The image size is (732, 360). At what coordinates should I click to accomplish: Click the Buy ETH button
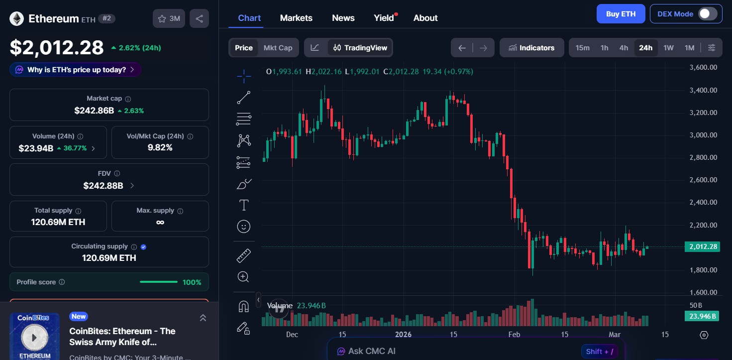tap(621, 14)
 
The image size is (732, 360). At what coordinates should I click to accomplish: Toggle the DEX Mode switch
tap(707, 14)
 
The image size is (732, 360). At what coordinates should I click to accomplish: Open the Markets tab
tap(296, 18)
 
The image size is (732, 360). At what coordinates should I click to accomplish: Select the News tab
tap(343, 18)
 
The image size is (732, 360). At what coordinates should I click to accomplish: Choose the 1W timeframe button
tap(668, 48)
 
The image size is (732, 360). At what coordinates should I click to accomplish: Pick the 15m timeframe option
tap(582, 48)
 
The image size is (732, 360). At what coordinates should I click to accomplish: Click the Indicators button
tap(531, 48)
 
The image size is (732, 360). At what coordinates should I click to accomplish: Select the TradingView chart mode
tap(360, 48)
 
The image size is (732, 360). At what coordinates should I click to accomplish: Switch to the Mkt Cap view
tap(278, 48)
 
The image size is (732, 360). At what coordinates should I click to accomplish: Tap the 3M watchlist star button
tap(169, 19)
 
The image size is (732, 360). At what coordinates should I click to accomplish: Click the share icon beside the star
tap(199, 19)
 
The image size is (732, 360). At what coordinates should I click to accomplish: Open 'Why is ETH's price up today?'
tap(75, 70)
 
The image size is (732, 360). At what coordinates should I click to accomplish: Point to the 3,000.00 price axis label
tap(703, 135)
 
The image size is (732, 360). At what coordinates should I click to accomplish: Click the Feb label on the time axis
tap(514, 335)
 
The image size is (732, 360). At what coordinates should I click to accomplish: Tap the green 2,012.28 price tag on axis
tap(702, 246)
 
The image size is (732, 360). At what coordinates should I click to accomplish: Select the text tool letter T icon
tap(244, 205)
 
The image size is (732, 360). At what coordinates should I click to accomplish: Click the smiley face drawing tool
tap(244, 227)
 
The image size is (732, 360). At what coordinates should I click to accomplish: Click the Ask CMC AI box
tap(372, 351)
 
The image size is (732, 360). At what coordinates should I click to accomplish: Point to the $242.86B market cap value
tap(94, 111)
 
